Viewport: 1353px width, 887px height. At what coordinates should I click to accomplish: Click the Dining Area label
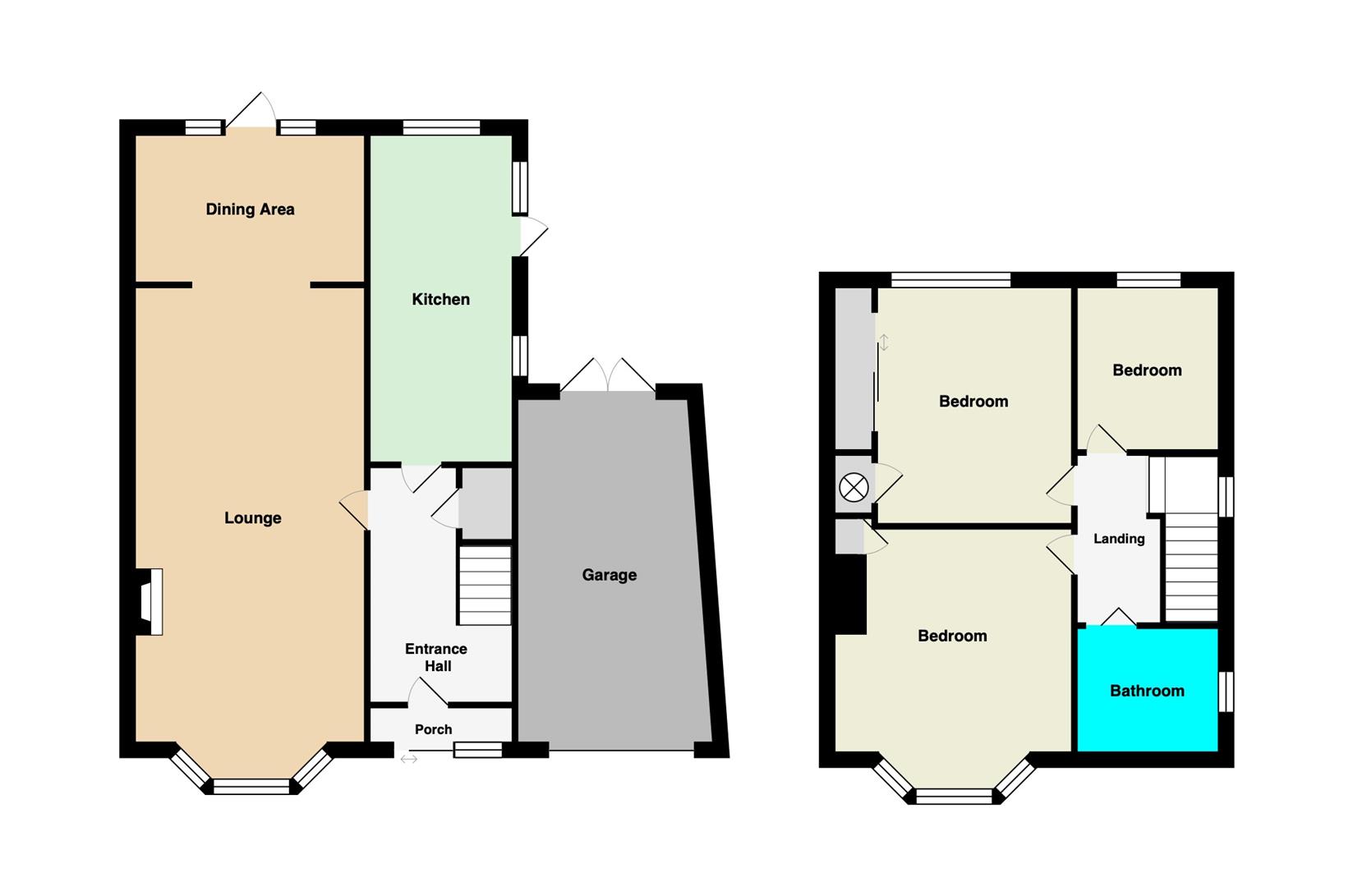[x=250, y=209]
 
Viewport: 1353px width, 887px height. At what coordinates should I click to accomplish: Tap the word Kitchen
[x=441, y=300]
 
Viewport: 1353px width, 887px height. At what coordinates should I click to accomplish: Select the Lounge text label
[x=252, y=518]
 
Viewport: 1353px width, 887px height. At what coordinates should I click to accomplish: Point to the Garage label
[x=609, y=575]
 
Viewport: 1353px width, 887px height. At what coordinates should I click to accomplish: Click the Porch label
[x=434, y=729]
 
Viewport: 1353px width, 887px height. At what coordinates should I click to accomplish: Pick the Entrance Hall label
[x=436, y=658]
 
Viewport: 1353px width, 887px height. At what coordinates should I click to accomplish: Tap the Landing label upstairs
[x=1119, y=539]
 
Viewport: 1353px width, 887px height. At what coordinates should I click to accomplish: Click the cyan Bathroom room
[x=1148, y=690]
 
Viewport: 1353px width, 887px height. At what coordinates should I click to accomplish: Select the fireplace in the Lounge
[x=150, y=601]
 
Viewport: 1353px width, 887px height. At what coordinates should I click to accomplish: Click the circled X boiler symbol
[x=854, y=487]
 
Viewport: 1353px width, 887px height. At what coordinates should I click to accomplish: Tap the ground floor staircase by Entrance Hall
[x=485, y=585]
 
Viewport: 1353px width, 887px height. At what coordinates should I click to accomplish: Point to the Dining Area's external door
[x=251, y=111]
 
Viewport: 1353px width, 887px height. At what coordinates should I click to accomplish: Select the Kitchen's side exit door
[x=534, y=236]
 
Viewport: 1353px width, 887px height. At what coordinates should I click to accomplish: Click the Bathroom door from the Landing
[x=1119, y=617]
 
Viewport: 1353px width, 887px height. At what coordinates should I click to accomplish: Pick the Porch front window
[x=478, y=750]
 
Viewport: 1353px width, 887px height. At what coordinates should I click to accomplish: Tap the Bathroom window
[x=1226, y=692]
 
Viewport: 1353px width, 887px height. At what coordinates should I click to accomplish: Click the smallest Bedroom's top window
[x=1148, y=279]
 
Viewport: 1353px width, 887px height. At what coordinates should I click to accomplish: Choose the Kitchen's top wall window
[x=441, y=127]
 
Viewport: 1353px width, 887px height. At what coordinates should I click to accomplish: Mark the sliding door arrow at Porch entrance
[x=409, y=759]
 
